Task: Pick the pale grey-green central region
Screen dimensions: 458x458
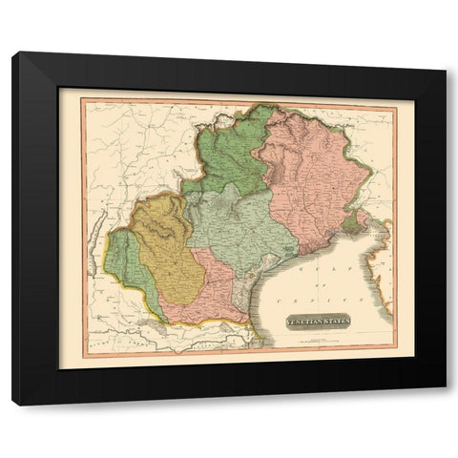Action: pos(234,229)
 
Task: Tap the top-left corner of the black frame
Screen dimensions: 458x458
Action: pos(13,53)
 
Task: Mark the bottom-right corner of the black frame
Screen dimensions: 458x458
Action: pos(446,405)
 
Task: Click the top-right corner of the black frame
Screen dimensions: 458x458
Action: pos(446,53)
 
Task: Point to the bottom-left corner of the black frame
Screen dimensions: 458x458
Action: pos(13,405)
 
